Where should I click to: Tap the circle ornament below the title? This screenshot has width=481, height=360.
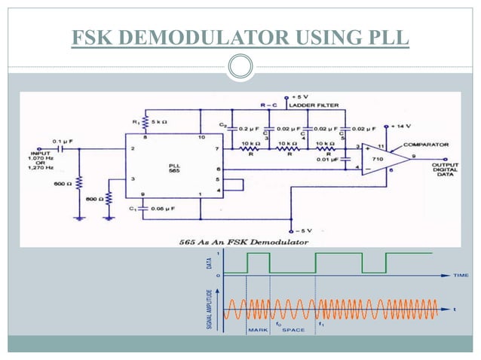[x=240, y=67]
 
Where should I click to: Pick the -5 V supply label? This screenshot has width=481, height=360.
[x=302, y=230]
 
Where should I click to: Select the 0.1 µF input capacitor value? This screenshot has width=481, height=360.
[x=63, y=140]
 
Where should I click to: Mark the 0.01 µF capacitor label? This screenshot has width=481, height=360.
[x=326, y=160]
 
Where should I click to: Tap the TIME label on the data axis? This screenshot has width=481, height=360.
[x=459, y=275]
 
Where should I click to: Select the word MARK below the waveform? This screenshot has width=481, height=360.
[x=257, y=330]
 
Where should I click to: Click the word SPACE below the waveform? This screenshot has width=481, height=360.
[x=293, y=330]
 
